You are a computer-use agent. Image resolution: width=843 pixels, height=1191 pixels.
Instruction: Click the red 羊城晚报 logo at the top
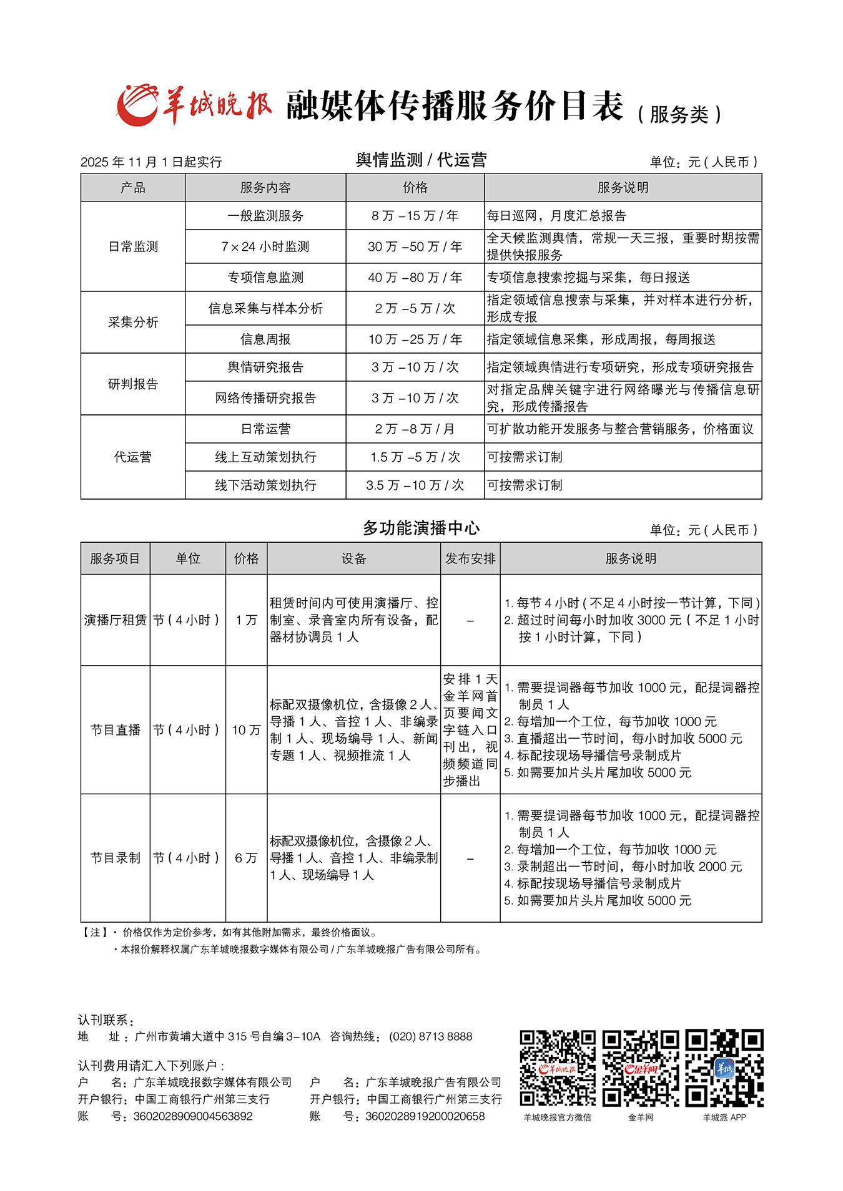click(x=194, y=105)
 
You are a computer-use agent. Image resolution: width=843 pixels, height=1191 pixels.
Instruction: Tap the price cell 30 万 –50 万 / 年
click(x=415, y=246)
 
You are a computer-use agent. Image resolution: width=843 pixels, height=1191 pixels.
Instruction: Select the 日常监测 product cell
click(x=133, y=246)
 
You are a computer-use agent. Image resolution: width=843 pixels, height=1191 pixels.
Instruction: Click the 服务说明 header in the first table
click(x=623, y=187)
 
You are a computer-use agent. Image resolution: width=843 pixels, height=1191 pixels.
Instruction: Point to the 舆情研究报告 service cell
click(x=265, y=367)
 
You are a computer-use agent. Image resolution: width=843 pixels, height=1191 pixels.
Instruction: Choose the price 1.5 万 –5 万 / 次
click(x=415, y=457)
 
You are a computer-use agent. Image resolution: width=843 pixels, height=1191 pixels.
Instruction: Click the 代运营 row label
click(x=133, y=457)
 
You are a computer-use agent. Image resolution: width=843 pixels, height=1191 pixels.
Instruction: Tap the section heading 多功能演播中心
click(x=421, y=528)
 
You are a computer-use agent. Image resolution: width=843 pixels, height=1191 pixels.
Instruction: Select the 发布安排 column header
click(x=470, y=558)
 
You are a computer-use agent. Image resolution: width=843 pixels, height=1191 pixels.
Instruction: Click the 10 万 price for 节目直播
click(x=246, y=729)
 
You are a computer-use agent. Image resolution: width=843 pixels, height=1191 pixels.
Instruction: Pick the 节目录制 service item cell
click(x=116, y=858)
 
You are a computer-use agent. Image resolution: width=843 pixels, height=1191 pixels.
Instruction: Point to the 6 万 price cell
click(x=246, y=858)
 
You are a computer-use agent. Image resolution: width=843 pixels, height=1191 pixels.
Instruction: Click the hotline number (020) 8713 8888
click(x=431, y=1036)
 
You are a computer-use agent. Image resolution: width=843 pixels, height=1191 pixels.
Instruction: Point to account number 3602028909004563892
click(x=193, y=1116)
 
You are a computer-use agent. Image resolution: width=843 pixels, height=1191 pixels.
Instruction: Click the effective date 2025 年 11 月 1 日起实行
click(x=151, y=162)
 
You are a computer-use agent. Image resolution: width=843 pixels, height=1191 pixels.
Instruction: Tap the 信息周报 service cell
click(x=265, y=339)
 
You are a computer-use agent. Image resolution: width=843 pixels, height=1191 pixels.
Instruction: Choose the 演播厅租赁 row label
click(x=116, y=620)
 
